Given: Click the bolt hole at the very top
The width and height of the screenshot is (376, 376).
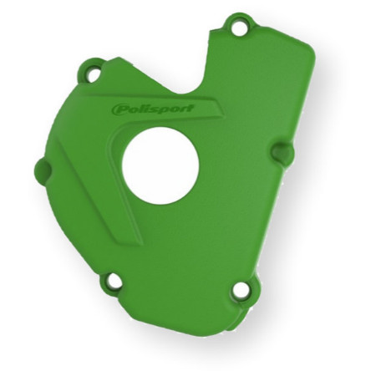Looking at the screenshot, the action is point(239,28).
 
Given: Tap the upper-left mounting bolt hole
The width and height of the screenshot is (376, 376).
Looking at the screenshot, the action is point(93,74).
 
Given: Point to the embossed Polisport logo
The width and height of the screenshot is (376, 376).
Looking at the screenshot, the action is point(153,109).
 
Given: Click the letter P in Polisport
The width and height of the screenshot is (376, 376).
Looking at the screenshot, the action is point(118,109).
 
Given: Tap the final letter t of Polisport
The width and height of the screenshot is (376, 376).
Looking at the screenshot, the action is point(190,107).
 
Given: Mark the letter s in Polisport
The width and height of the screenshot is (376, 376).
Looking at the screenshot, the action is point(152,109).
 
